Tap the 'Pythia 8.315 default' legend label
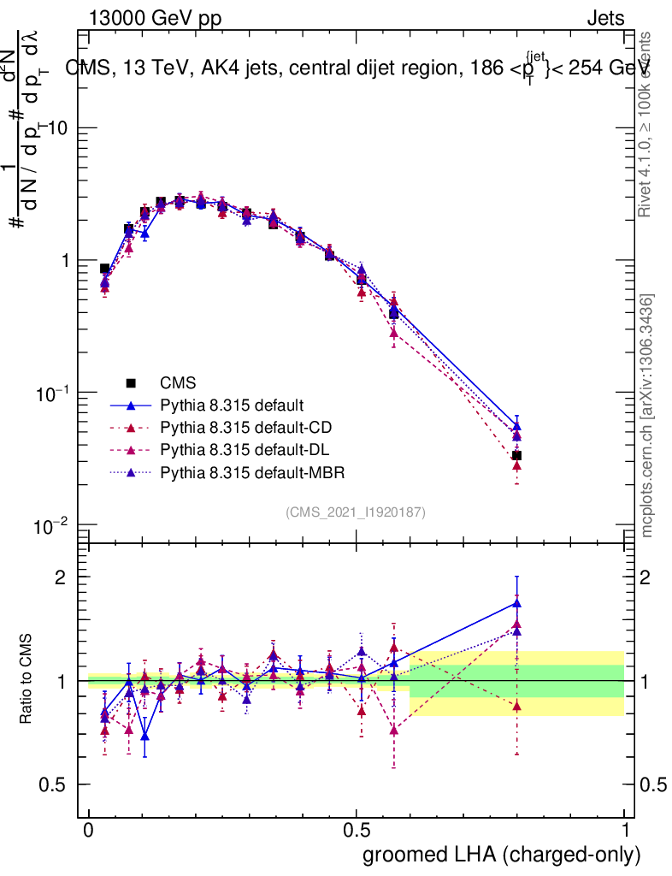[x=233, y=405]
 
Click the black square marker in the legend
[x=131, y=382]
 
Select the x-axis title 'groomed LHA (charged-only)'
[x=502, y=854]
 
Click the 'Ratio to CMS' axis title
[x=27, y=679]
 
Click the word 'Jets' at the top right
[x=604, y=18]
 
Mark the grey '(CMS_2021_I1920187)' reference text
[x=356, y=512]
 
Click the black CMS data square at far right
[x=516, y=456]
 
